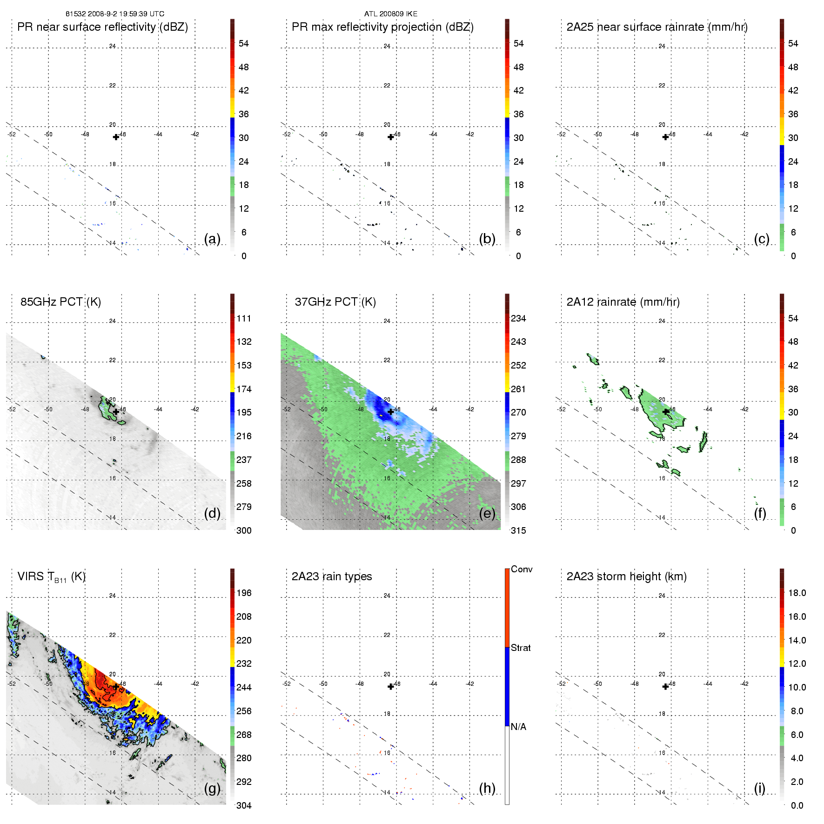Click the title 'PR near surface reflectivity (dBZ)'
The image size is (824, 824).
(102, 27)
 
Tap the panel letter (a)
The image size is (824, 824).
(212, 239)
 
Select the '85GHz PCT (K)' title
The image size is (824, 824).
(60, 302)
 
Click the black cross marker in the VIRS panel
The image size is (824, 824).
(116, 687)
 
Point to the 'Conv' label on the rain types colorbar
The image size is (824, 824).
(522, 569)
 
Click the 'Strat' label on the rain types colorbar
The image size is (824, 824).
(521, 648)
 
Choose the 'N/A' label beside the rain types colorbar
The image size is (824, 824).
(518, 727)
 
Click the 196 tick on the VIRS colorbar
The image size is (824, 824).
(244, 593)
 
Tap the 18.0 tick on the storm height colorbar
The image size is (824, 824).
(797, 593)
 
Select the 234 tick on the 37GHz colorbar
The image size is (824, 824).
(518, 318)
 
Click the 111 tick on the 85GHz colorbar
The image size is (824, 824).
(244, 318)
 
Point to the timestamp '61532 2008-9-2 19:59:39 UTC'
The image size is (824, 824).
(115, 14)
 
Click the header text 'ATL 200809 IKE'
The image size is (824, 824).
(391, 14)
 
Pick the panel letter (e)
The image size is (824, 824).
(487, 513)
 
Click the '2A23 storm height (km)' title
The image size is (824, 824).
(626, 576)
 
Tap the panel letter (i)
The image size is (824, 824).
(759, 788)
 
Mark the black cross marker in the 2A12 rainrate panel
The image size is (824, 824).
(665, 412)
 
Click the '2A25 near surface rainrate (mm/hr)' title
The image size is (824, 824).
(657, 27)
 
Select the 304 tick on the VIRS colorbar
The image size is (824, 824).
(244, 805)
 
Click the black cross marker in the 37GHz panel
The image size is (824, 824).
(391, 412)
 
